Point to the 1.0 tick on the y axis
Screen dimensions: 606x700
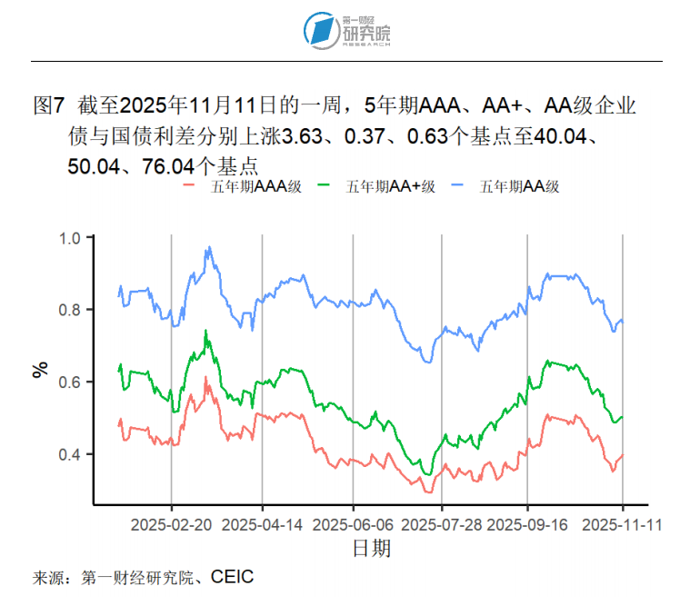71,238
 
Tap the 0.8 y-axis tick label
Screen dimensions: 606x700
71,310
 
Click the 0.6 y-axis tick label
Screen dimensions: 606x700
71,382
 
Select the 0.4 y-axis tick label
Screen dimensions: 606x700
71,454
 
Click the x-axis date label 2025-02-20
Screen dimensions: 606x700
172,525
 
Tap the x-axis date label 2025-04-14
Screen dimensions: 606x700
263,525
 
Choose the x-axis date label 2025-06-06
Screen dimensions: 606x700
353,525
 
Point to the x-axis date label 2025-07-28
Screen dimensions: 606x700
442,525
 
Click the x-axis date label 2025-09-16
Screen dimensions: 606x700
527,525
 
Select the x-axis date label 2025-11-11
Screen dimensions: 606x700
622,525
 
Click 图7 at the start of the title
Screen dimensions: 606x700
47,106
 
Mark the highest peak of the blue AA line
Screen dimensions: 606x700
208,246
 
